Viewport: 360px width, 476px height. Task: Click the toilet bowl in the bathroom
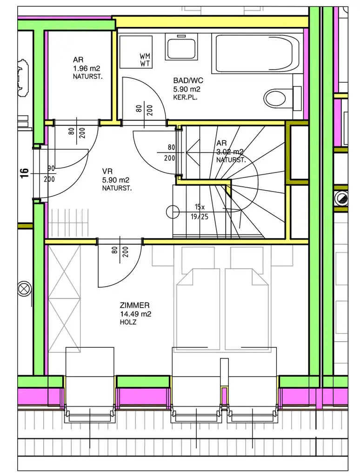[x=275, y=98]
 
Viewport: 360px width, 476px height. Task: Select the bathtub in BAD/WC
[x=258, y=54]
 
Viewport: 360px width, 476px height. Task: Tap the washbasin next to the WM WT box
[x=181, y=46]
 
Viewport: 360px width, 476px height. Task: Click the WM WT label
[x=145, y=60]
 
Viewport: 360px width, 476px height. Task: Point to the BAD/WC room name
[x=188, y=80]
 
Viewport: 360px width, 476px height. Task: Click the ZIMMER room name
[x=134, y=305]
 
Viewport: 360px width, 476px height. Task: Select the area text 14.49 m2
[x=135, y=314]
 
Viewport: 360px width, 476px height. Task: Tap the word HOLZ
[x=128, y=322]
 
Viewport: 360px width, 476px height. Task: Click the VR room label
[x=107, y=172]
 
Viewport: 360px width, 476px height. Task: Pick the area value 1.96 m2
[x=87, y=68]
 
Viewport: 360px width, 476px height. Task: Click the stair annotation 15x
[x=200, y=207]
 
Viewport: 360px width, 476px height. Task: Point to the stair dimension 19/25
[x=199, y=217]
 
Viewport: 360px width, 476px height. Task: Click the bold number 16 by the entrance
[x=24, y=173]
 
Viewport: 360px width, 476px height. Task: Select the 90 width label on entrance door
[x=51, y=168]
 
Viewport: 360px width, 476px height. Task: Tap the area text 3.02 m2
[x=230, y=152]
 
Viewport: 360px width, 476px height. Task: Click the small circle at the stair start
[x=173, y=212]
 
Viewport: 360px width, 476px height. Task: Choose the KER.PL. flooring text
[x=185, y=98]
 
